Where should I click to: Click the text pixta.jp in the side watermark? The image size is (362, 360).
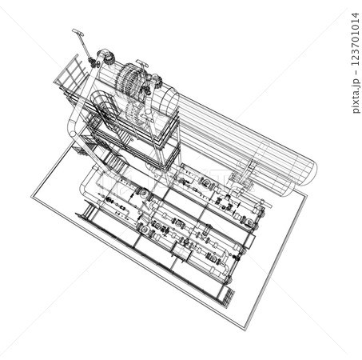click(356, 99)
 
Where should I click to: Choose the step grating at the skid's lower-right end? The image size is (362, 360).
click(227, 297)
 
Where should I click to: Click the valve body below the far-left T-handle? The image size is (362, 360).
click(93, 61)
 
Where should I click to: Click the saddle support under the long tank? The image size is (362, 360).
click(244, 175)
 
